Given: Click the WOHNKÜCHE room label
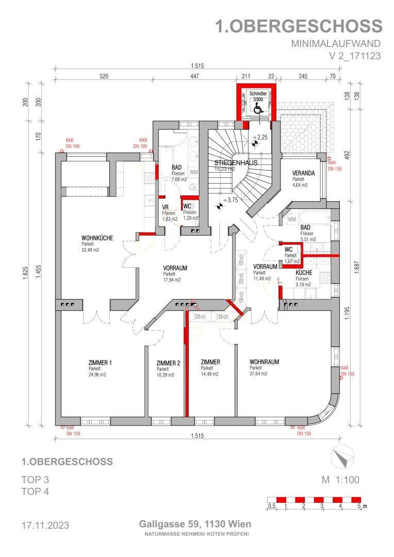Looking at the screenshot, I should [x=97, y=238].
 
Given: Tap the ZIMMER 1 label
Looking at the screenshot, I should [x=100, y=363].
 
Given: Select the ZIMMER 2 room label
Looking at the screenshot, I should [x=168, y=363].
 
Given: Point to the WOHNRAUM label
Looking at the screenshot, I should [x=264, y=362].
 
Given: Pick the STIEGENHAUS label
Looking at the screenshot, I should [x=236, y=162].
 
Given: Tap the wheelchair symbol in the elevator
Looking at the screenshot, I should [x=258, y=108].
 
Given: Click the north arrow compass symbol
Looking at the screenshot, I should [x=341, y=457].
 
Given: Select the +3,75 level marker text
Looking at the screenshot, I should [x=230, y=201].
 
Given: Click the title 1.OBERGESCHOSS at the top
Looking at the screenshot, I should [x=299, y=26].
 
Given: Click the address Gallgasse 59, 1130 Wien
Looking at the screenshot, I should [x=195, y=524].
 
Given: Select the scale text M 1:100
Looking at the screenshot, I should [x=340, y=480].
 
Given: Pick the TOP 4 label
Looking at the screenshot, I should [x=35, y=492].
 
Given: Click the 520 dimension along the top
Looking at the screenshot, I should [x=104, y=76].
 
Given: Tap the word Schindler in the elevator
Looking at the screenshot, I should [x=258, y=94].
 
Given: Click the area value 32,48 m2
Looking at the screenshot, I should [x=90, y=250].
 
